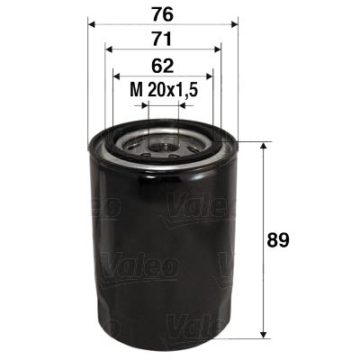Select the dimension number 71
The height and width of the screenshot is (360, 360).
(x=163, y=38)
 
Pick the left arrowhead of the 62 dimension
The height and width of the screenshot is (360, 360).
(x=116, y=76)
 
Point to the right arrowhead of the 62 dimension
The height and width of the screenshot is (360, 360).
(x=211, y=76)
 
